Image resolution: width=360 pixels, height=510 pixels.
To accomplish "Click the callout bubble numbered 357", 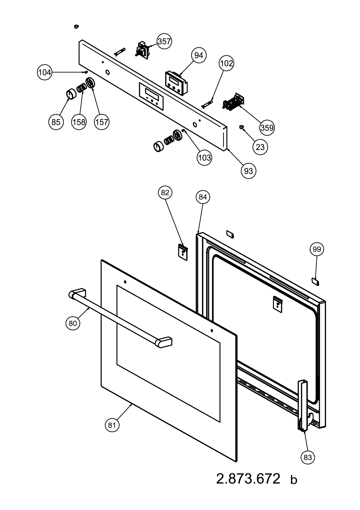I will pyautogui.click(x=164, y=41).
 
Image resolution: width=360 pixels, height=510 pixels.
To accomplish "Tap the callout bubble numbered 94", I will pyautogui.click(x=199, y=56).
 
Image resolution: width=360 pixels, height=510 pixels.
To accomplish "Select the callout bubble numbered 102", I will pyautogui.click(x=226, y=63).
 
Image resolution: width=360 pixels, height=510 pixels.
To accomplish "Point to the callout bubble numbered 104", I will pyautogui.click(x=45, y=72).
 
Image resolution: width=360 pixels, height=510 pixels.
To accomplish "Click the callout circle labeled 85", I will pyautogui.click(x=56, y=122).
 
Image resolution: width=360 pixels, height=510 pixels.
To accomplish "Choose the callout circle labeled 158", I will pyautogui.click(x=79, y=122).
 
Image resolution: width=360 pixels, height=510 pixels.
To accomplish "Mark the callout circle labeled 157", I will pyautogui.click(x=102, y=122).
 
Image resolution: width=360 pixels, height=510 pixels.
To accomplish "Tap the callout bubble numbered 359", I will pyautogui.click(x=267, y=127).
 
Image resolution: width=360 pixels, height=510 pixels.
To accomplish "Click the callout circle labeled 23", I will pyautogui.click(x=260, y=147).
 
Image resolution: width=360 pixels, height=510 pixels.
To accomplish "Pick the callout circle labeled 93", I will pyautogui.click(x=248, y=171).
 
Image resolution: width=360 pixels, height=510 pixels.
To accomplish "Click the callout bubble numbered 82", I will pyautogui.click(x=165, y=193).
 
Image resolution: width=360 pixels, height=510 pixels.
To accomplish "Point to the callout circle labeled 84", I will pyautogui.click(x=203, y=197).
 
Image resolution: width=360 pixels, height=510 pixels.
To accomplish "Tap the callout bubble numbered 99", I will pyautogui.click(x=317, y=250).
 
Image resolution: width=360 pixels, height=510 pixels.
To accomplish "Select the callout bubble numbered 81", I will pyautogui.click(x=112, y=425).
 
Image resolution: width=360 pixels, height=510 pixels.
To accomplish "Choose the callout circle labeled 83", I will pyautogui.click(x=308, y=457).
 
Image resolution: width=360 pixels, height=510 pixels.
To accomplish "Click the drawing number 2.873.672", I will pyautogui.click(x=248, y=479).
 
